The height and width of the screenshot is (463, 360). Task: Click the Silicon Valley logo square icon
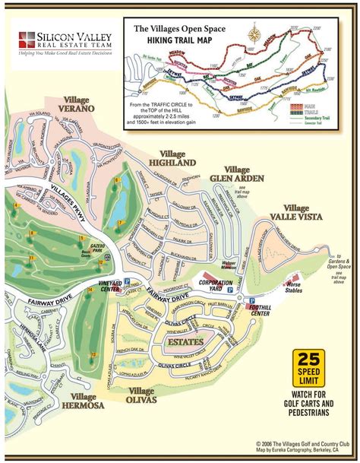[x=27, y=40]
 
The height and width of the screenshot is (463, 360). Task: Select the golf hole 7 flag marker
[x=119, y=222]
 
